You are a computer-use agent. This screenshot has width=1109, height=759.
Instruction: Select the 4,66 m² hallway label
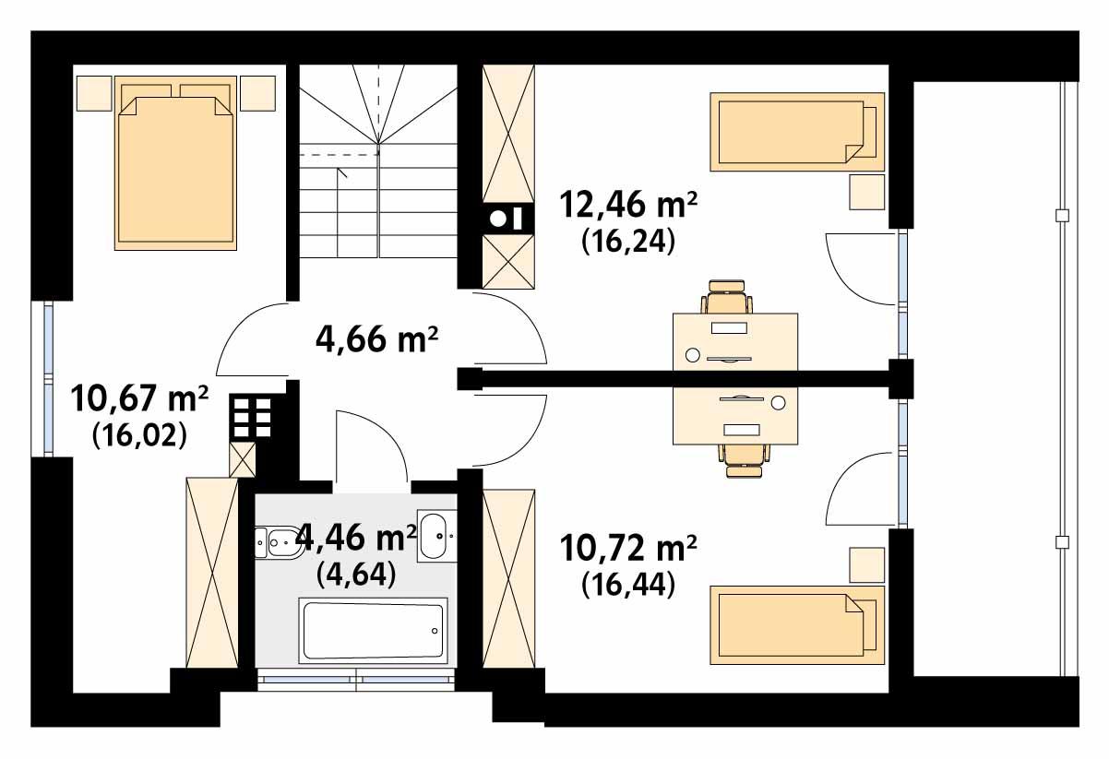(x=376, y=340)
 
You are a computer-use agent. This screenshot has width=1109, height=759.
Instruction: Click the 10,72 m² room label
(x=628, y=551)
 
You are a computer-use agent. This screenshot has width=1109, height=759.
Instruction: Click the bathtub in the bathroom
(x=373, y=630)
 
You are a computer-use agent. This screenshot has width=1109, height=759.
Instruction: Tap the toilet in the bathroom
(x=276, y=542)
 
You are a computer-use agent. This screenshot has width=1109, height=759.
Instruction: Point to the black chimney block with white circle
(x=507, y=219)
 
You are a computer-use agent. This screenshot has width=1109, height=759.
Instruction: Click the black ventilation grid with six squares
(x=251, y=418)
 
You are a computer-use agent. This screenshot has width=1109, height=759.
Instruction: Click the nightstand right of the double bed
(x=258, y=92)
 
